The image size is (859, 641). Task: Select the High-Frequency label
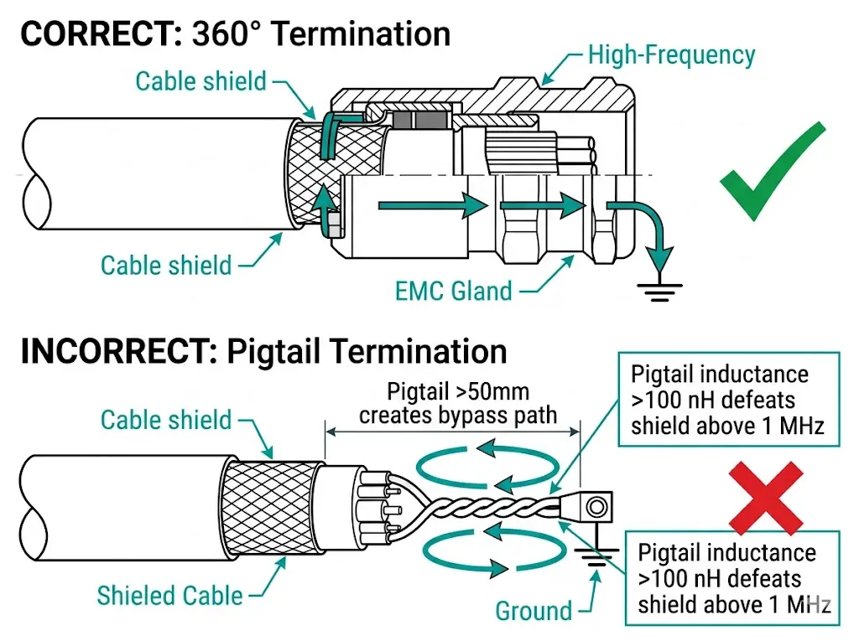(671, 55)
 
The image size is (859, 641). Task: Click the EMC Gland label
(453, 291)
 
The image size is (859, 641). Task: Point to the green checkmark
(772, 171)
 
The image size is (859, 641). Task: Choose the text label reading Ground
(534, 611)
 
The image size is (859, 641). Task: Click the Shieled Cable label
(169, 596)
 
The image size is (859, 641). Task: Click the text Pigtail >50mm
(458, 392)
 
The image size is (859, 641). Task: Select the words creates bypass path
(458, 415)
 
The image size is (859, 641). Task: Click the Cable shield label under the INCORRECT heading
(166, 420)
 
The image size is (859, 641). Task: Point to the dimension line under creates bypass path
(453, 432)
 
